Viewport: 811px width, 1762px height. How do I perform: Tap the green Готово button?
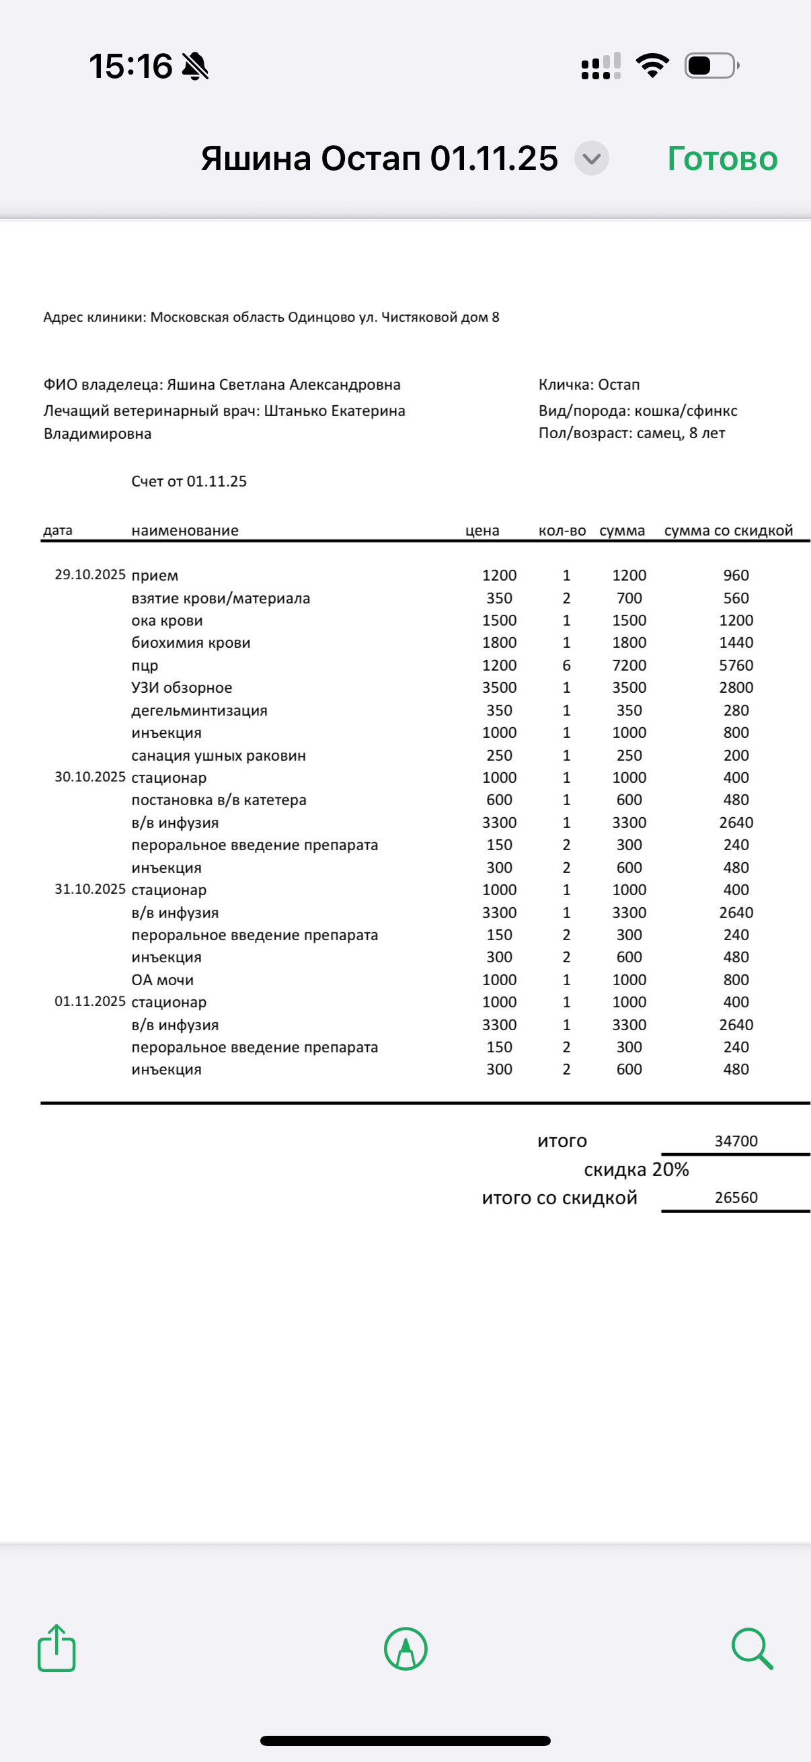(x=722, y=159)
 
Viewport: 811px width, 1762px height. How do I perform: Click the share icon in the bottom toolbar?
(x=56, y=1648)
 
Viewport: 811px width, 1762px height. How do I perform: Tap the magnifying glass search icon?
(x=751, y=1648)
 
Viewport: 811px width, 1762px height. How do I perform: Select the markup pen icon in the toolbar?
(x=406, y=1648)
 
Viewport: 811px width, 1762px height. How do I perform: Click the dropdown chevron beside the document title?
(x=591, y=159)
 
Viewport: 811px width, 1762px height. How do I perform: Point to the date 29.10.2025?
(x=89, y=575)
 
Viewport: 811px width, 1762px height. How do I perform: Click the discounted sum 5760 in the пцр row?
(x=736, y=665)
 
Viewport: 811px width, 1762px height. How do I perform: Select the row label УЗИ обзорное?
(x=182, y=687)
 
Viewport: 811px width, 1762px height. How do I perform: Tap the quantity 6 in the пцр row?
(x=566, y=665)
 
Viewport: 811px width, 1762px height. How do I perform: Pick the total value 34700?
(x=736, y=1141)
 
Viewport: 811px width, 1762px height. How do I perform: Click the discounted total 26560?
(x=736, y=1198)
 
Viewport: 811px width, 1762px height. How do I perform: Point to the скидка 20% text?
(x=635, y=1170)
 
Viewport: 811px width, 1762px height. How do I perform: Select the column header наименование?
(x=185, y=531)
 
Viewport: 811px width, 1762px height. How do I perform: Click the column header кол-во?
(x=562, y=531)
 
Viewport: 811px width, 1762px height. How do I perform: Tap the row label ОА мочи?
(x=162, y=980)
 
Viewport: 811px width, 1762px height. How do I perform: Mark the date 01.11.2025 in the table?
(x=89, y=1001)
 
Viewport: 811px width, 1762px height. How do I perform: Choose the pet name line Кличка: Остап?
(x=588, y=384)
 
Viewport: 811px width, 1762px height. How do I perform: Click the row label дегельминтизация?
(x=199, y=710)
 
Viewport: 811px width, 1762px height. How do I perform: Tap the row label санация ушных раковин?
(x=219, y=755)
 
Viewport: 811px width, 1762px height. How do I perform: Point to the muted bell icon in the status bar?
(x=195, y=67)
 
